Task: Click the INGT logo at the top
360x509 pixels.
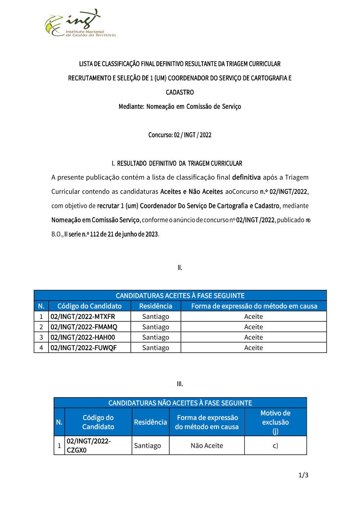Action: click(x=80, y=24)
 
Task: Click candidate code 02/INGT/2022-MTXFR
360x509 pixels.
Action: click(x=83, y=317)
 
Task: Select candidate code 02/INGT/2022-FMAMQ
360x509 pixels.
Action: click(x=84, y=327)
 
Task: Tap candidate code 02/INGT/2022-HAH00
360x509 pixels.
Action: click(x=83, y=338)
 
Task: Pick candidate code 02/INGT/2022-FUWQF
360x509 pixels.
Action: click(x=84, y=348)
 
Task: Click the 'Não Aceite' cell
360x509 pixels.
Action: click(x=207, y=446)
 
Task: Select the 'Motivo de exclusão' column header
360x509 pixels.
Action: click(x=275, y=422)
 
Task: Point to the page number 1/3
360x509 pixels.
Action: click(x=303, y=475)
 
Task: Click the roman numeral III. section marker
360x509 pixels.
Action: click(x=180, y=384)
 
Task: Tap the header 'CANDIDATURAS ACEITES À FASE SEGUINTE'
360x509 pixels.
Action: click(x=180, y=296)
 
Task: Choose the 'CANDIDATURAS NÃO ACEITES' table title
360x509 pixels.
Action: click(x=180, y=403)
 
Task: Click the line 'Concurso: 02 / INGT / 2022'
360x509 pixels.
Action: click(x=180, y=135)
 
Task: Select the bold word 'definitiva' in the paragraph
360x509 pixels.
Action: click(x=246, y=177)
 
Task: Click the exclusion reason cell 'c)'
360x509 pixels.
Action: click(x=275, y=446)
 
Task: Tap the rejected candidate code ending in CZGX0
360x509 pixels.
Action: click(x=89, y=446)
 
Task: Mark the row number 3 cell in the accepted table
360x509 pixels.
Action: click(x=41, y=338)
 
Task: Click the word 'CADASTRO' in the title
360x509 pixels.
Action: click(x=180, y=93)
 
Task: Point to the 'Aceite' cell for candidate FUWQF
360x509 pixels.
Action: click(x=253, y=348)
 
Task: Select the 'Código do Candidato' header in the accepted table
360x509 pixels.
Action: click(x=89, y=306)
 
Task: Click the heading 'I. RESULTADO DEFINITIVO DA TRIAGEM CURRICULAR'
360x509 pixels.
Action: click(x=177, y=164)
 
